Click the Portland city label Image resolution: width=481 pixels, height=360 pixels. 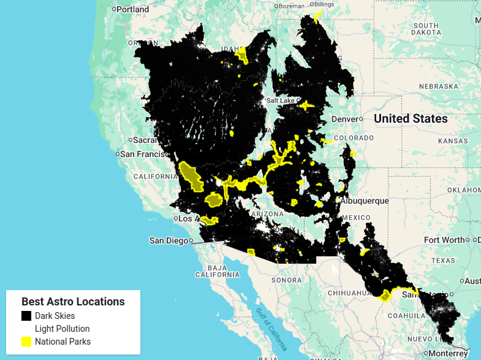pyautogui.click(x=132, y=9)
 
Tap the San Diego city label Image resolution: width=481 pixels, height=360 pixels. pyautogui.click(x=169, y=240)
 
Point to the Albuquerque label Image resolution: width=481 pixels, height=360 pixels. pyautogui.click(x=365, y=201)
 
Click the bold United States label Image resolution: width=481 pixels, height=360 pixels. pyautogui.click(x=411, y=118)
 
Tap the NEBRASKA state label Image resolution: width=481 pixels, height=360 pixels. pyautogui.click(x=439, y=86)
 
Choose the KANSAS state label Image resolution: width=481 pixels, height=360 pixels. pyautogui.click(x=452, y=140)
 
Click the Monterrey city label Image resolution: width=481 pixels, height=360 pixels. pyautogui.click(x=449, y=354)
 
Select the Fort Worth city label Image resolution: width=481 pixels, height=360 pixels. pyautogui.click(x=444, y=240)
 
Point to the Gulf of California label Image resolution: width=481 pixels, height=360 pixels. pyautogui.click(x=273, y=328)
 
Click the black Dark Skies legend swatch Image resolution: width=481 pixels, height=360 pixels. pyautogui.click(x=26, y=316)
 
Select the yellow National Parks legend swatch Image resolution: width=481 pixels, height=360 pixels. pyautogui.click(x=26, y=342)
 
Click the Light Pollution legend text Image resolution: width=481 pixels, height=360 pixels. pyautogui.click(x=62, y=329)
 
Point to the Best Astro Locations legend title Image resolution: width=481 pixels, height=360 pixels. pyautogui.click(x=73, y=302)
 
